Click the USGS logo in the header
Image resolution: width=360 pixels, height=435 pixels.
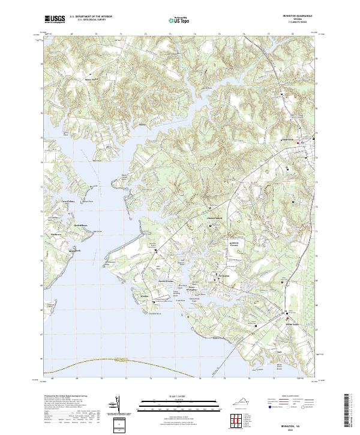pyautogui.click(x=54, y=19)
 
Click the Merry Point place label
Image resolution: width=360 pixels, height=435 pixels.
pyautogui.click(x=91, y=77)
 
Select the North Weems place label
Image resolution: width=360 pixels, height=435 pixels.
pyautogui.click(x=165, y=281)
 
